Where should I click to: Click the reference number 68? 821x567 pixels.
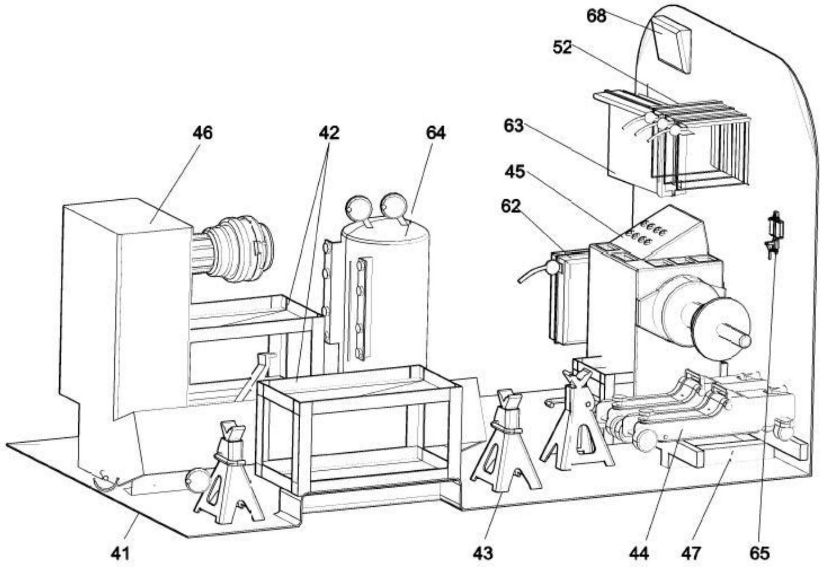(x=596, y=16)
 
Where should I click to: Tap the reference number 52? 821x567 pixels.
(x=562, y=48)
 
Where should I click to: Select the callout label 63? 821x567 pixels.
(x=514, y=126)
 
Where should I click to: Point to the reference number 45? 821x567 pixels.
(x=515, y=171)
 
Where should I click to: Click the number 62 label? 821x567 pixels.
(x=511, y=206)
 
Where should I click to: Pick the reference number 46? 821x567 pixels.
(x=203, y=133)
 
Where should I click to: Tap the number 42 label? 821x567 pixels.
(x=329, y=133)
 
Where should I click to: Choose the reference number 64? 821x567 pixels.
(x=435, y=133)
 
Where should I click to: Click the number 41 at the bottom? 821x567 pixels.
(x=120, y=553)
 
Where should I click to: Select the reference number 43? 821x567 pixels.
(x=483, y=553)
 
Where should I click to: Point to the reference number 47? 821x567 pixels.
(x=690, y=553)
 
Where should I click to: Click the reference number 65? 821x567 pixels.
(x=759, y=553)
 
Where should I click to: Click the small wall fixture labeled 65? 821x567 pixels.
(x=774, y=233)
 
